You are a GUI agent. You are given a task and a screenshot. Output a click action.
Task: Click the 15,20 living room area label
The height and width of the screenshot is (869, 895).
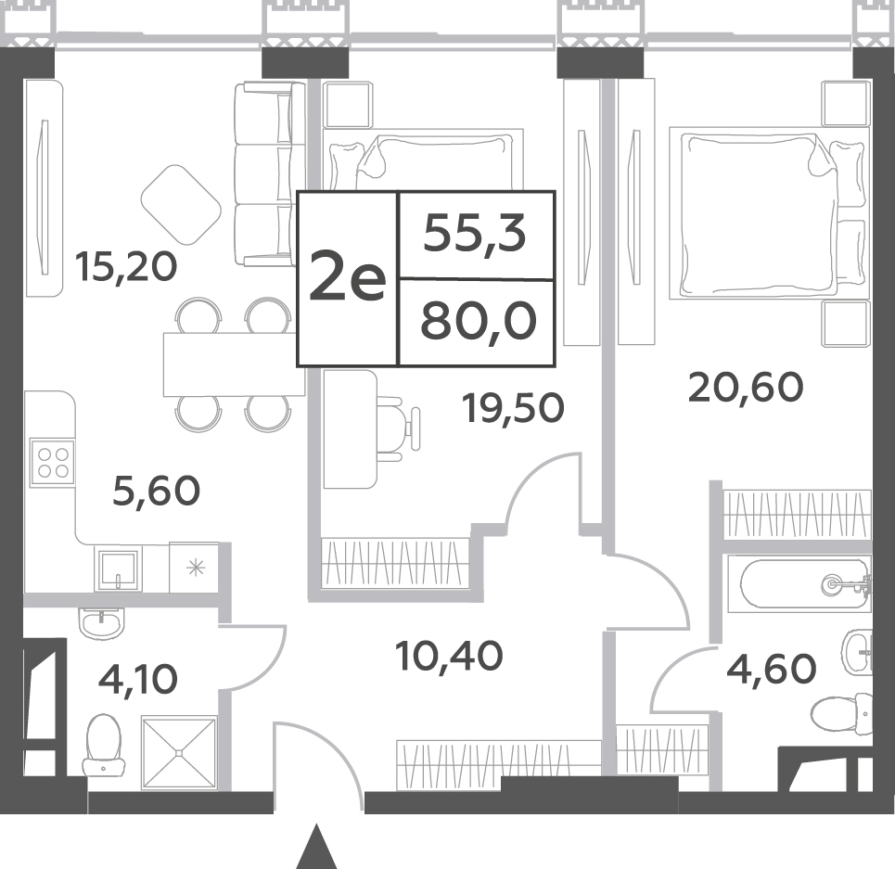point(126,267)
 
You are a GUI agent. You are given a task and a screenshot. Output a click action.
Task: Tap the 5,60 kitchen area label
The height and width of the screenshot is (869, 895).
point(157,491)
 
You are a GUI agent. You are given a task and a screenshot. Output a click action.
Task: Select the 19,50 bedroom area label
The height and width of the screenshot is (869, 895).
point(515,408)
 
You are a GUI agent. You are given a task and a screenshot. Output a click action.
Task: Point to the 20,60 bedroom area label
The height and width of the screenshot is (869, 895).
point(746,388)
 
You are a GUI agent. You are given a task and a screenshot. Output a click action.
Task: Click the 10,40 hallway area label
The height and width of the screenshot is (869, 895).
point(449,656)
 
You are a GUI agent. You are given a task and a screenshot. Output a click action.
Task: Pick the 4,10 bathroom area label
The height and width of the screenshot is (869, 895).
point(138,679)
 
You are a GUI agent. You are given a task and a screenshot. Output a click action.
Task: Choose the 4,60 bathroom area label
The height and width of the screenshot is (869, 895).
point(771,669)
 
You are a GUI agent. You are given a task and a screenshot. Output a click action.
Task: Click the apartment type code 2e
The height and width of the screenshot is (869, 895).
point(348,277)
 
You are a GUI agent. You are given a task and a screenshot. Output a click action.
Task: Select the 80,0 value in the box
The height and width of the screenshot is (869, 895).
point(479,321)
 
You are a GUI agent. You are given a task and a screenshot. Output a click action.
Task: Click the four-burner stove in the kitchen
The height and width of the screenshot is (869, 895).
point(53,462)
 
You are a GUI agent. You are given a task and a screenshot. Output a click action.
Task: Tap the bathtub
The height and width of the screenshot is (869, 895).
point(805,583)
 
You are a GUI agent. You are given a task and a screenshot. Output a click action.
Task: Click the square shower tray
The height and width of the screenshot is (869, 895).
point(180,753)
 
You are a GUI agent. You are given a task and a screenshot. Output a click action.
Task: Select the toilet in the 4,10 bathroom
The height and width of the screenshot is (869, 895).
point(103,745)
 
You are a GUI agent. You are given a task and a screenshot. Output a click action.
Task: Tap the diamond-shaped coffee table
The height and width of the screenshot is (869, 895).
point(181,204)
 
